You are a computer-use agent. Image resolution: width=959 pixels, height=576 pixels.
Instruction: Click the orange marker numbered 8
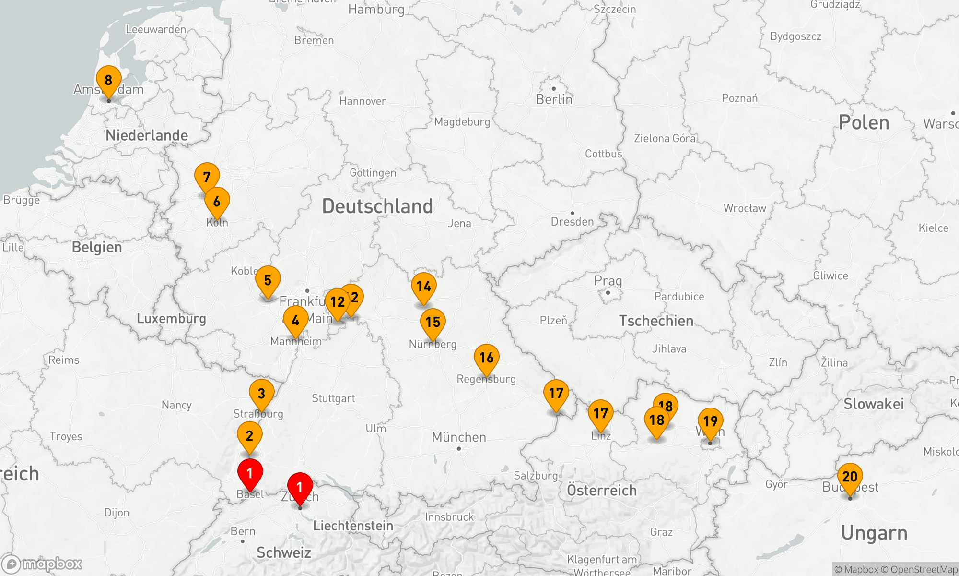(x=108, y=80)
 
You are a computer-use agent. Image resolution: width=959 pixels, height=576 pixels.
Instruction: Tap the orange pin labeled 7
(x=207, y=177)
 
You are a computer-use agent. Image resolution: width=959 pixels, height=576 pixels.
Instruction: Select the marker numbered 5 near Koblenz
(x=268, y=280)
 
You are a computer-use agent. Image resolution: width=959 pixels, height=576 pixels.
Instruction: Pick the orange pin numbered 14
(x=423, y=287)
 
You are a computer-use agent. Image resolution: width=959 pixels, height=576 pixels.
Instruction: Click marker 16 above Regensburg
(x=486, y=358)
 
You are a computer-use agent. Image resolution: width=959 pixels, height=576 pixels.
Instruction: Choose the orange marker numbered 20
(x=850, y=477)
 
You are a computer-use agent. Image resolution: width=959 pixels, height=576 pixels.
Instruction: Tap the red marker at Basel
(x=250, y=473)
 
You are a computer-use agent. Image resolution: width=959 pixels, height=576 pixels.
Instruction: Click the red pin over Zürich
(x=300, y=487)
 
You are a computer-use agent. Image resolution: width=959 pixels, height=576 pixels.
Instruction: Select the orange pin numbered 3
(x=261, y=394)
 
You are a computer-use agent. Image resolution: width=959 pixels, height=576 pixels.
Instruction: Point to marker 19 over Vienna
(x=710, y=421)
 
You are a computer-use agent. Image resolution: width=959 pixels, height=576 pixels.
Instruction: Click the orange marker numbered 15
(x=433, y=322)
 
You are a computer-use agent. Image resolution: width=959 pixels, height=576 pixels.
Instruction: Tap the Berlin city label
(x=554, y=99)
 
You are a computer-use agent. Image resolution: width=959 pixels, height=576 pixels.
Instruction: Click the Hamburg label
(x=376, y=10)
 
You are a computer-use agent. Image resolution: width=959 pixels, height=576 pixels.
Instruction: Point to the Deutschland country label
(x=377, y=206)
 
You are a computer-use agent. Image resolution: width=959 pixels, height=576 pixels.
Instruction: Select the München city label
(x=458, y=437)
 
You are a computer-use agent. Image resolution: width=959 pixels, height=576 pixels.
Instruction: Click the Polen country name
(x=864, y=123)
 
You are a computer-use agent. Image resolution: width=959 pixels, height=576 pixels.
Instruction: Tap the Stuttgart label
(x=333, y=398)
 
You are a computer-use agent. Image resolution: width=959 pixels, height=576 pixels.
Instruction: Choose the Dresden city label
(x=572, y=221)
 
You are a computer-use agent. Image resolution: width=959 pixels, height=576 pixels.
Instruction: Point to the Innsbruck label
(x=449, y=517)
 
